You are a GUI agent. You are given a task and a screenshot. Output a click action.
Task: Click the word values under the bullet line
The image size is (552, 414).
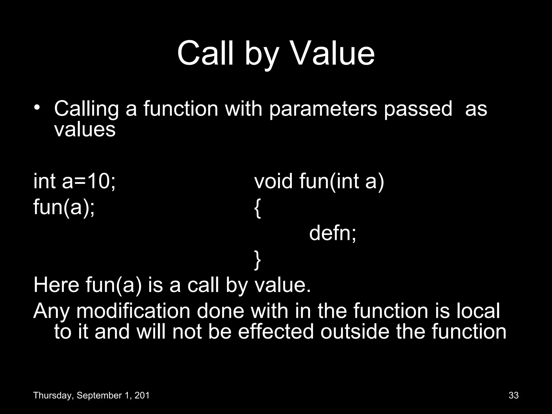[x=85, y=130]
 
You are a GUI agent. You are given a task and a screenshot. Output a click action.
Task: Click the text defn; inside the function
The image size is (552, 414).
[x=333, y=233]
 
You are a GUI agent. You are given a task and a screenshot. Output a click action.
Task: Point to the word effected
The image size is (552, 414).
[x=276, y=332]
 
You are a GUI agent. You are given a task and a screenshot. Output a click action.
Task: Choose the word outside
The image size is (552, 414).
[x=355, y=332]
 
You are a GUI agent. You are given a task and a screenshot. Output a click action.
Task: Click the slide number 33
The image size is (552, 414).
[x=514, y=395]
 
